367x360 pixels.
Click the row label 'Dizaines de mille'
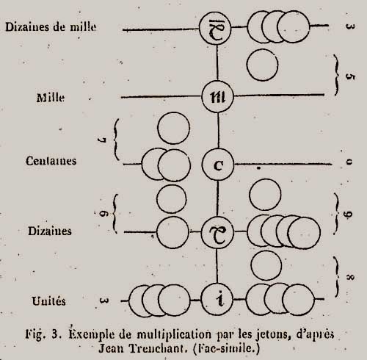click(51, 26)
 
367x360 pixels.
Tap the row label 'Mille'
click(51, 98)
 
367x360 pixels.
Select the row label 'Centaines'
click(51, 161)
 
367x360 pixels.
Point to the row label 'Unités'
click(48, 300)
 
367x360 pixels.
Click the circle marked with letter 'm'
click(218, 97)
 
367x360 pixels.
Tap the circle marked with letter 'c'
click(218, 165)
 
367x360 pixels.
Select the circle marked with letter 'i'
click(217, 299)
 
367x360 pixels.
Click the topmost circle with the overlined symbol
click(215, 29)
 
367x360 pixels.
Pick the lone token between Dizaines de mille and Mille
click(262, 65)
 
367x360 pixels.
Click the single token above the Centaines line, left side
click(174, 128)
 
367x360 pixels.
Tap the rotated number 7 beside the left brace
click(102, 140)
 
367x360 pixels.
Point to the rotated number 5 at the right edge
click(350, 76)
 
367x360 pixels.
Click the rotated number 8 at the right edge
click(350, 277)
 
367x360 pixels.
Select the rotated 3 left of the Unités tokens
click(103, 300)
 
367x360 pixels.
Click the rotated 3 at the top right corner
click(350, 26)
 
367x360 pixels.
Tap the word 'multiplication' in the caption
click(174, 334)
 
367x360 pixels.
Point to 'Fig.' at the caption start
click(35, 334)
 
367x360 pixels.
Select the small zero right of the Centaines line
click(349, 162)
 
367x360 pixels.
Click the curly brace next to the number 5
click(337, 75)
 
